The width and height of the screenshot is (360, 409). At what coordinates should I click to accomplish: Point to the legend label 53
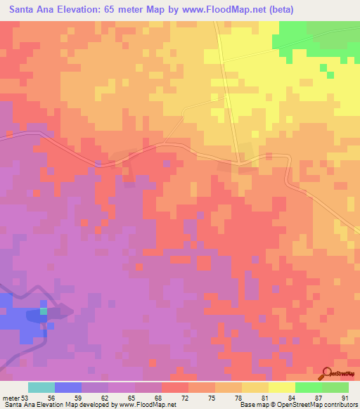click(x=25, y=397)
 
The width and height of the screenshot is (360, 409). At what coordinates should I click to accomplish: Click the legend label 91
click(x=345, y=397)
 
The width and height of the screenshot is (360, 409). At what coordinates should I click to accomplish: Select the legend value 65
click(x=131, y=397)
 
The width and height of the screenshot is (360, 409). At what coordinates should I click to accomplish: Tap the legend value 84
click(x=291, y=397)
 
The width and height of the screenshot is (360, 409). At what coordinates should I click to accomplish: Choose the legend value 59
click(x=77, y=397)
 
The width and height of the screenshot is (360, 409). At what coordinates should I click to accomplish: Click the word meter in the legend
click(x=11, y=397)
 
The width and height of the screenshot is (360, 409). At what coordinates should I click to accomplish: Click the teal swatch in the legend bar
click(x=41, y=387)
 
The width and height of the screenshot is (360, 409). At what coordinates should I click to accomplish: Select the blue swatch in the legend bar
click(x=68, y=387)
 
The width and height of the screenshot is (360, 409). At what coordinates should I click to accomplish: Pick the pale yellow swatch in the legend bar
click(x=282, y=387)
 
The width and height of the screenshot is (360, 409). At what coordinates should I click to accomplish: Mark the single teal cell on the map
click(x=44, y=310)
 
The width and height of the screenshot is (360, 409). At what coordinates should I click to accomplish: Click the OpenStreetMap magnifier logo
click(x=325, y=372)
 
